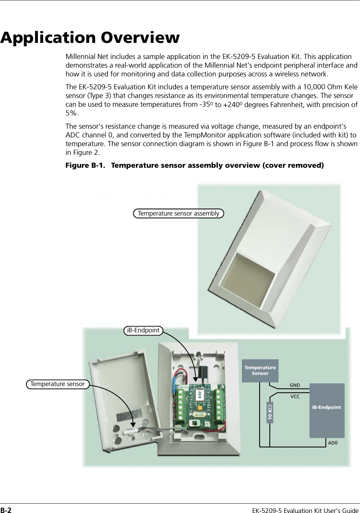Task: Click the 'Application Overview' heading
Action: point(90,37)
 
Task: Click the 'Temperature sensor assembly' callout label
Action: point(178,213)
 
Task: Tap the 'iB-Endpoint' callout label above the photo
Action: point(143,330)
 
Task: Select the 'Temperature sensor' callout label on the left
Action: point(58,384)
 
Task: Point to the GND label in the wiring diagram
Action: point(294,385)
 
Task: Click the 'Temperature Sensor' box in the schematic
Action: point(260,370)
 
